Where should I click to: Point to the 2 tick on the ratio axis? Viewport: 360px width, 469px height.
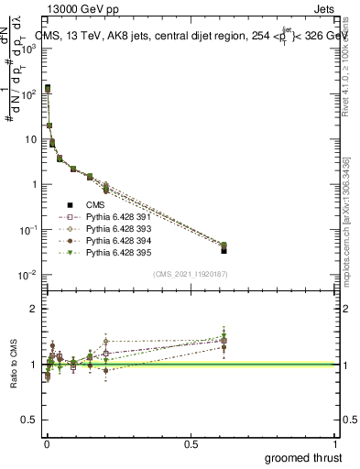coord(33,309)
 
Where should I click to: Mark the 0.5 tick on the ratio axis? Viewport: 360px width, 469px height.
coord(29,420)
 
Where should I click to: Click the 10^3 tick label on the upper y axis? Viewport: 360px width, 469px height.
coord(28,48)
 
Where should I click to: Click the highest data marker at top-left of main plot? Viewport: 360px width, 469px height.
coord(48,88)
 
